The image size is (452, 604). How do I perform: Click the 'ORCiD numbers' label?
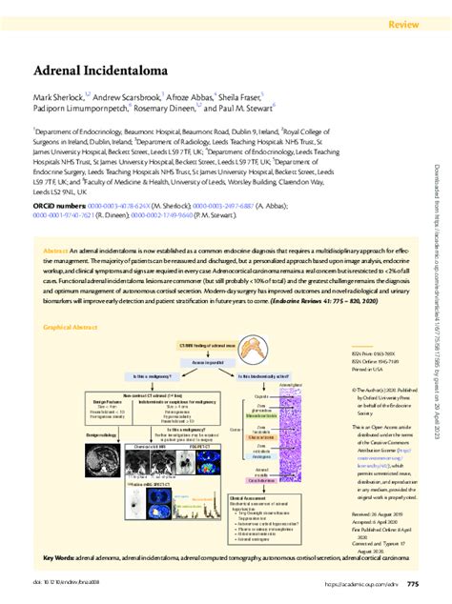tap(59, 204)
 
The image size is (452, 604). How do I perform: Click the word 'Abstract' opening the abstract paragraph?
tap(55, 250)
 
